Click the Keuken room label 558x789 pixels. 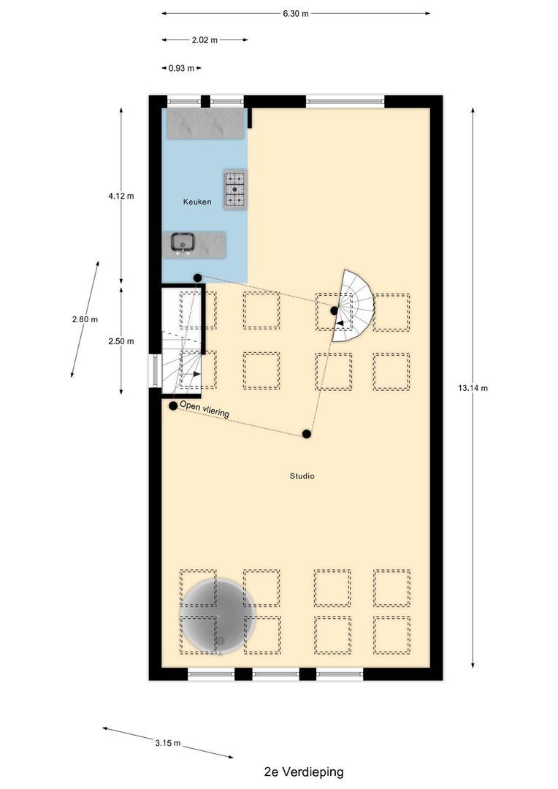pos(197,202)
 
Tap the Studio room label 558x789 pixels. pos(302,476)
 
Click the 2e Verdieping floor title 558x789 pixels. pos(304,771)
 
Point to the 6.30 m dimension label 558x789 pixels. pos(296,13)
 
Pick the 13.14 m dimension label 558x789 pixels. pos(473,388)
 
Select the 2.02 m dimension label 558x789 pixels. pos(205,40)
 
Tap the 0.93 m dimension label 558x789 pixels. pos(181,68)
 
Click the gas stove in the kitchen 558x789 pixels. pos(235,190)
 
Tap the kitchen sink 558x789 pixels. pos(182,243)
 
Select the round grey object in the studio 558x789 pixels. pos(218,615)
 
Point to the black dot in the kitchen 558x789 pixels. pos(197,278)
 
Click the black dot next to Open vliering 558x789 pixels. pos(172,405)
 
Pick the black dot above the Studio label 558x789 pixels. pos(307,435)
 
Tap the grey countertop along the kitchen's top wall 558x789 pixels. pos(205,124)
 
